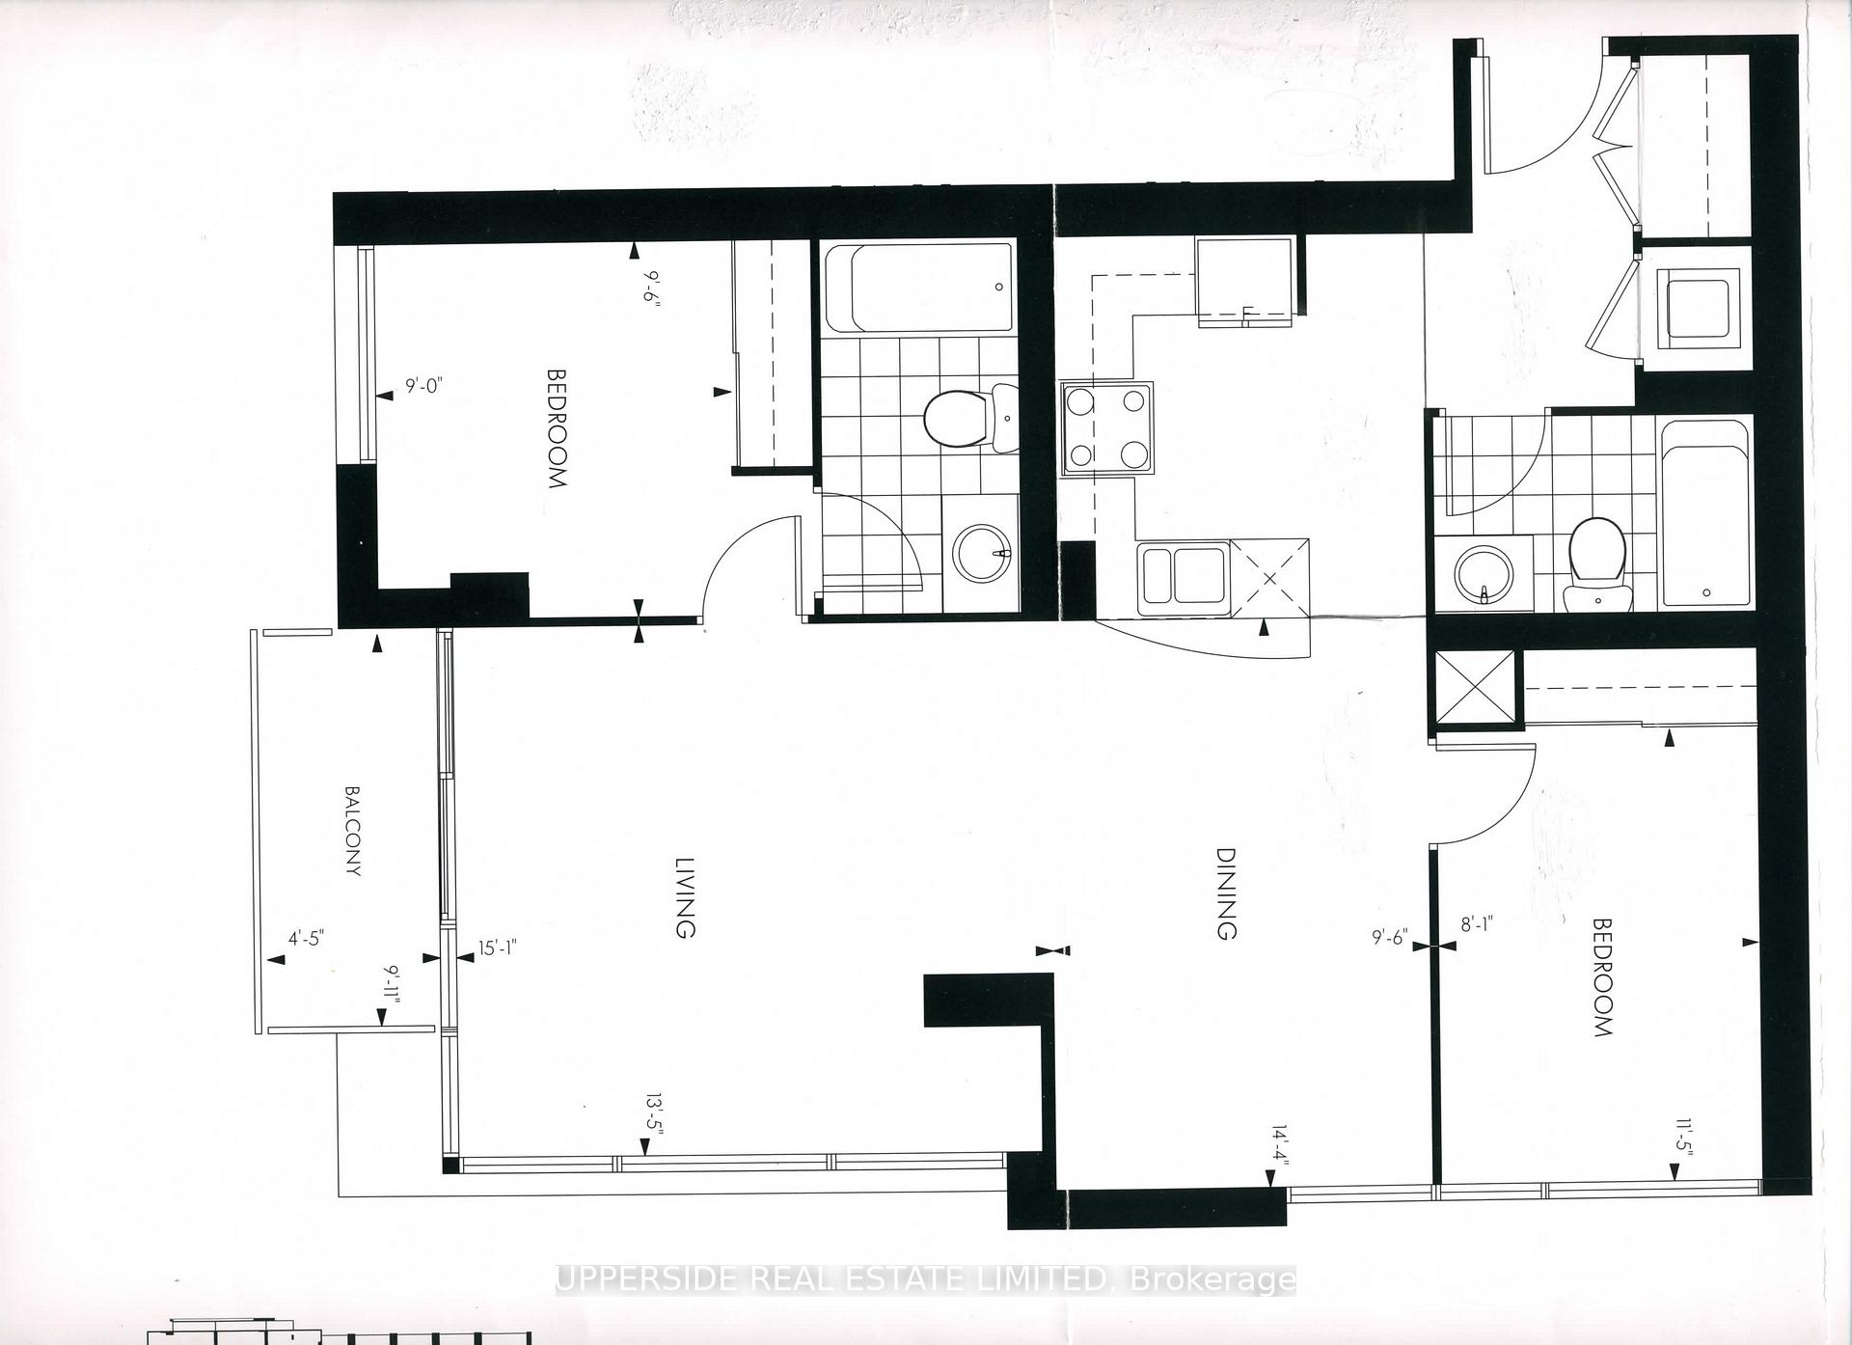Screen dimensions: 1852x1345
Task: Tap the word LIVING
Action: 684,896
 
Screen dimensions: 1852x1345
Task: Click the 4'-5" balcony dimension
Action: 307,938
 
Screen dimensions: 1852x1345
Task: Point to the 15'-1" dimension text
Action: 500,948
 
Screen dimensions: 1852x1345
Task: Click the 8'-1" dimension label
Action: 1477,924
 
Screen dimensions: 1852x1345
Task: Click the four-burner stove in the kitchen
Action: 1107,428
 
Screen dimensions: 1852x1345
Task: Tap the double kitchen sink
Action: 1185,578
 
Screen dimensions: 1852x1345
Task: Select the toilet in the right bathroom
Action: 1597,563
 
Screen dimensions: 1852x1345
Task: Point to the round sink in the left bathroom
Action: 983,554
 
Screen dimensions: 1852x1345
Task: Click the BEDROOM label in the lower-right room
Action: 1602,977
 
